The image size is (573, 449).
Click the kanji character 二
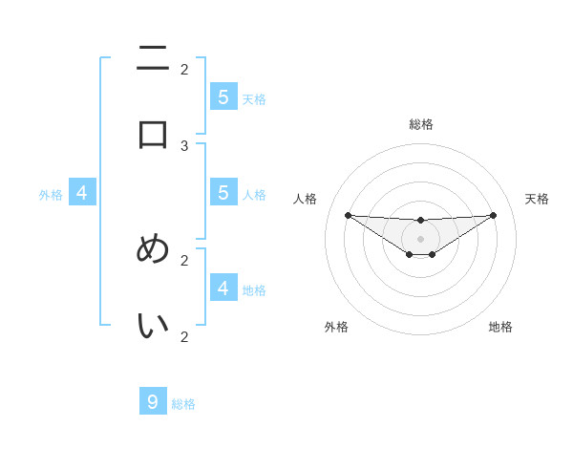153,59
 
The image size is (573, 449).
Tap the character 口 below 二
153,134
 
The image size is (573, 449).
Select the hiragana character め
153,249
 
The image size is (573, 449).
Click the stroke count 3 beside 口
184,145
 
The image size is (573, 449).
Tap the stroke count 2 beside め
184,259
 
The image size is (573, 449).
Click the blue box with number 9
153,402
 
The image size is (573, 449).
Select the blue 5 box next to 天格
223,97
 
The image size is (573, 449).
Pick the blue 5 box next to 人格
223,193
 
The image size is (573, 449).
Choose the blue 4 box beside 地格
223,288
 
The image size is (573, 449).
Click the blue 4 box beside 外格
82,193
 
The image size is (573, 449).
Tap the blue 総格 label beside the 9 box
184,404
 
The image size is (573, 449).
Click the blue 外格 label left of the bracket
51,195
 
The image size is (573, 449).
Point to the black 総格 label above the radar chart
420,124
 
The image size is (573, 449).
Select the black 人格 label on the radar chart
306,199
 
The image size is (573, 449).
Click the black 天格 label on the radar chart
537,199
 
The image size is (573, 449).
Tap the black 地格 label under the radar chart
500,327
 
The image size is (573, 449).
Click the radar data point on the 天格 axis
493,215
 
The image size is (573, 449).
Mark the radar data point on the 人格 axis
348,215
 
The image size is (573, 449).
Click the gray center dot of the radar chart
420,239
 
